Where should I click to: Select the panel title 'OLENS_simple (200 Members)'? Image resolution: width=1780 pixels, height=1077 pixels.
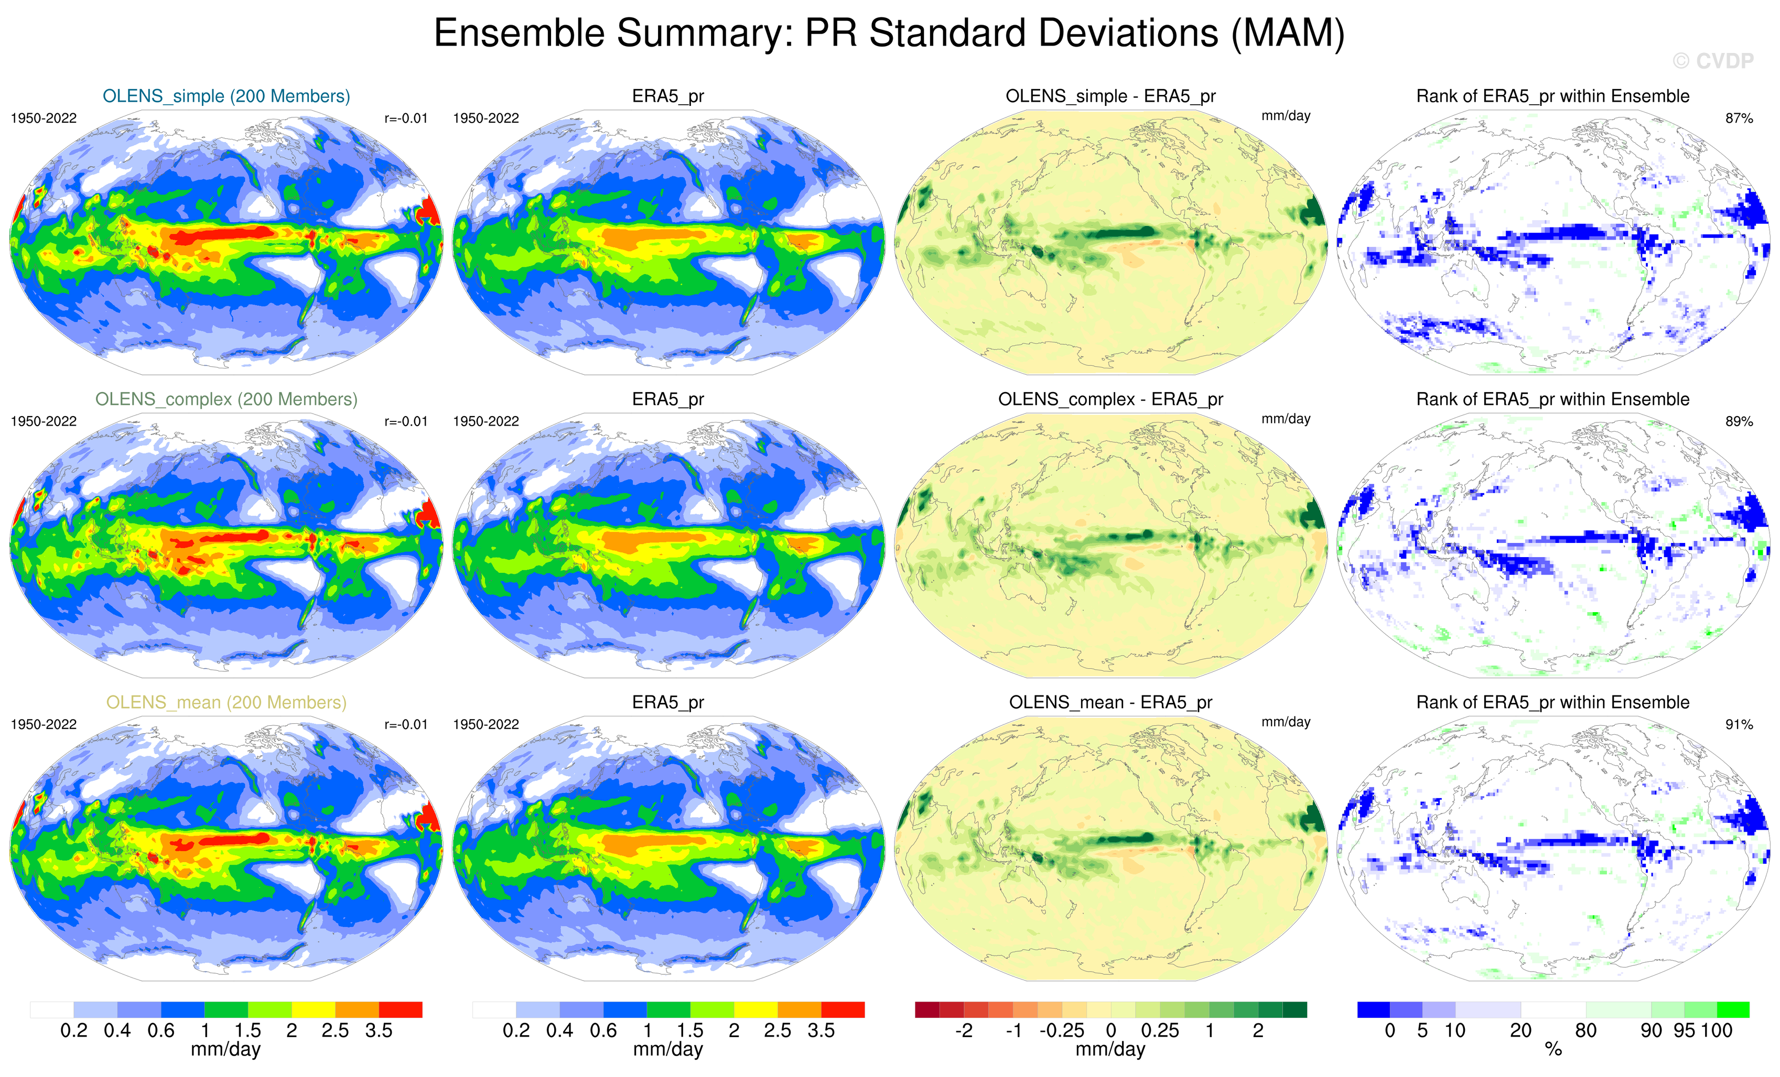coord(226,96)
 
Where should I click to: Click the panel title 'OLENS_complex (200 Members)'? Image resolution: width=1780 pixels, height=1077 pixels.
coord(226,399)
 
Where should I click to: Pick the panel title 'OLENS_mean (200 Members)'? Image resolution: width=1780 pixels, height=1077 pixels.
coord(226,702)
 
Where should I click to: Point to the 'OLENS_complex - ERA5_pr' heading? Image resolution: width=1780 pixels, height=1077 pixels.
coord(1110,399)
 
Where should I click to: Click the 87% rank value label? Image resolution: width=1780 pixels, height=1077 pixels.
coord(1739,118)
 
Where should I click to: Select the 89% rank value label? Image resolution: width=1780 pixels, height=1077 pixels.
coord(1739,421)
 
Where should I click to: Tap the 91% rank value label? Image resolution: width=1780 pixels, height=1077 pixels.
coord(1739,724)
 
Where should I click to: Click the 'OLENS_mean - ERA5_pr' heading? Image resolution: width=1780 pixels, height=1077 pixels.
coord(1110,702)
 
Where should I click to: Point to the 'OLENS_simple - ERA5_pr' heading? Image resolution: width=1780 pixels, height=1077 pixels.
coord(1110,96)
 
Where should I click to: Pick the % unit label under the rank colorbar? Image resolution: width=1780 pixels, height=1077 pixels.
coord(1553,1050)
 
